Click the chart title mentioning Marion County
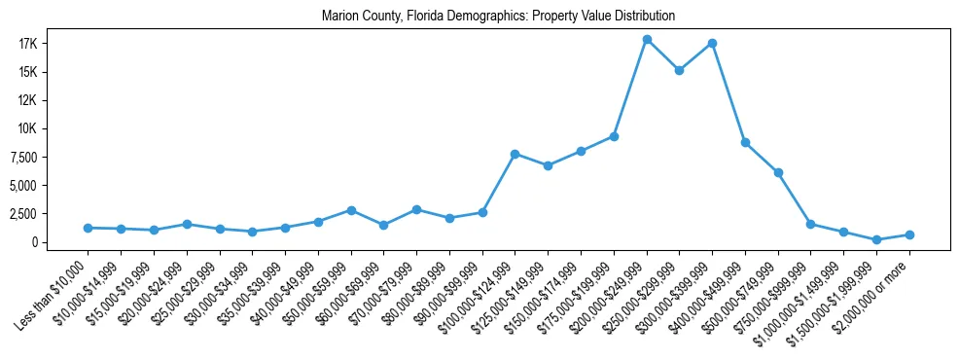pyautogui.click(x=498, y=17)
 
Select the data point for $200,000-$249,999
pyautogui.click(x=647, y=40)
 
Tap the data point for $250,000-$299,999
pyautogui.click(x=679, y=70)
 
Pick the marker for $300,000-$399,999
pyautogui.click(x=712, y=43)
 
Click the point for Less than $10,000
pyautogui.click(x=89, y=228)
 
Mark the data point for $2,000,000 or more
pyautogui.click(x=909, y=234)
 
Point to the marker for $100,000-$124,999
pyautogui.click(x=515, y=154)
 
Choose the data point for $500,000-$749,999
pyautogui.click(x=778, y=172)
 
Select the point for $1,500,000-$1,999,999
pyautogui.click(x=876, y=239)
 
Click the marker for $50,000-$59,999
pyautogui.click(x=351, y=210)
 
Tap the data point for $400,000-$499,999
pyautogui.click(x=745, y=142)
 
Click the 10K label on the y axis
pyautogui.click(x=53, y=128)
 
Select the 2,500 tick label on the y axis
pyautogui.click(x=48, y=213)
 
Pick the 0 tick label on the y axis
pyautogui.click(x=60, y=241)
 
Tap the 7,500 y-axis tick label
pyautogui.click(x=48, y=157)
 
